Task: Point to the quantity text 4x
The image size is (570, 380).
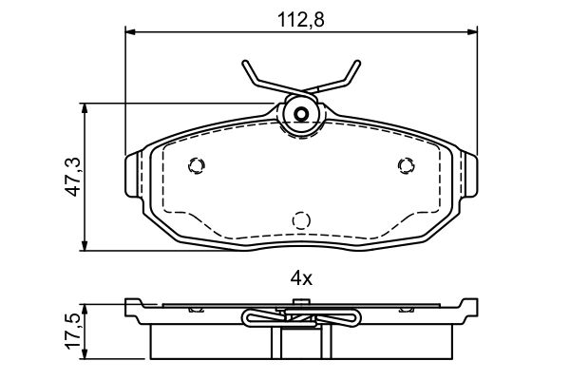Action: (300, 279)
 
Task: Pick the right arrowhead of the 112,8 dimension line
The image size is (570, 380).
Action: (472, 32)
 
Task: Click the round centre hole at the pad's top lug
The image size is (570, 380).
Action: (300, 117)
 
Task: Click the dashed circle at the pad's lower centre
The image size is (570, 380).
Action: (301, 220)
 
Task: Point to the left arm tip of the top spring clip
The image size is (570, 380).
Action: (244, 65)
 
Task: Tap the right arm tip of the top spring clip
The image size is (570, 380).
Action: (357, 65)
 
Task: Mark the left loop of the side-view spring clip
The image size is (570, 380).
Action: (251, 319)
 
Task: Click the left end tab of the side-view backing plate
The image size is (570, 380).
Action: (133, 306)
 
